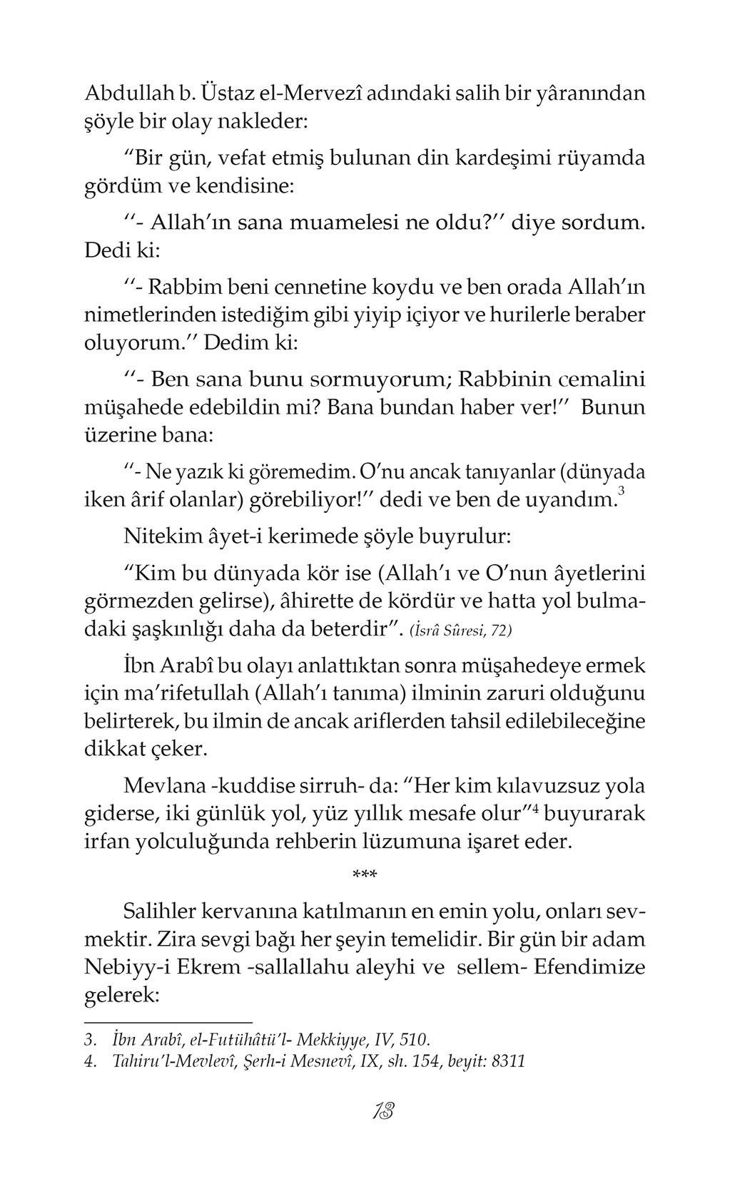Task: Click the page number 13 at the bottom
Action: [x=383, y=1112]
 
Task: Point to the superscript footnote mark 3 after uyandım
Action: [x=622, y=492]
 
